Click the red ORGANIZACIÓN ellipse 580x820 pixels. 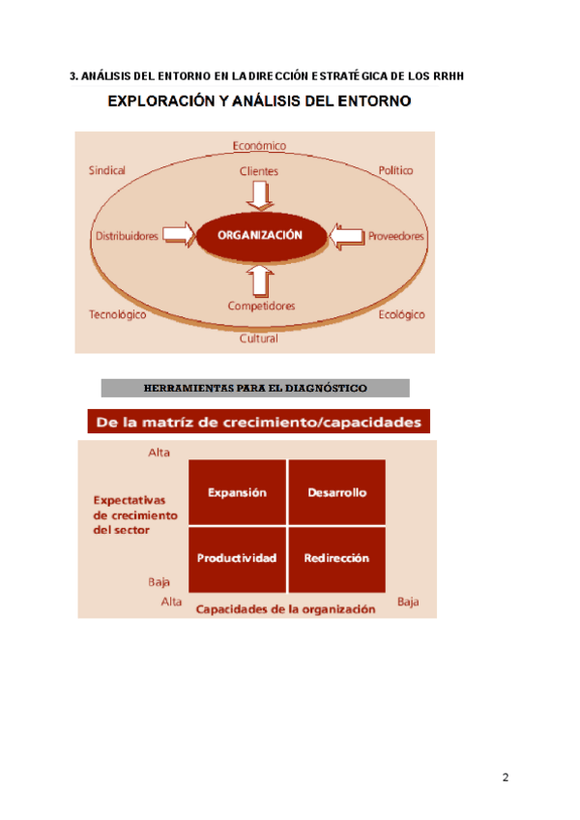(260, 235)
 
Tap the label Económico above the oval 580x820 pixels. (259, 146)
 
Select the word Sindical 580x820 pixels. (107, 170)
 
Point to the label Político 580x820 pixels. (395, 170)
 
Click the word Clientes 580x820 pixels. (259, 171)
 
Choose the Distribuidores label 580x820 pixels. (127, 236)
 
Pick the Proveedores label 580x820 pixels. (395, 236)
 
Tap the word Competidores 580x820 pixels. (261, 307)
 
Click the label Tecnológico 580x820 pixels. (117, 315)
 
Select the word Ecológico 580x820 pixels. (401, 315)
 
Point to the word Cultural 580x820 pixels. (259, 338)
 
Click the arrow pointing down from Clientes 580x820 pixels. (260, 195)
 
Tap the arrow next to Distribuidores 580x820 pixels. (177, 234)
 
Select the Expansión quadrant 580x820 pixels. (237, 492)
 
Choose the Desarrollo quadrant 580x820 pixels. (336, 492)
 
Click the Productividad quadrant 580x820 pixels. (237, 558)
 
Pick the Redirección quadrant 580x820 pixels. (336, 558)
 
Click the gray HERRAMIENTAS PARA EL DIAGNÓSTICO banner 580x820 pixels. (255, 389)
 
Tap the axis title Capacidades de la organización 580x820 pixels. (285, 609)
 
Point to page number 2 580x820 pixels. (506, 778)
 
